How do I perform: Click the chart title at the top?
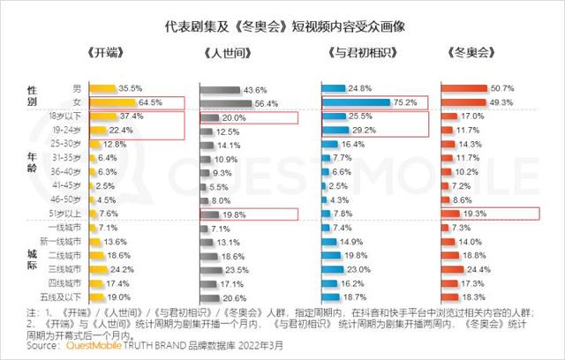click(282, 29)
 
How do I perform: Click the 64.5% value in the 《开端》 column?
click(153, 102)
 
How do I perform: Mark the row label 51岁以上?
click(69, 213)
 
